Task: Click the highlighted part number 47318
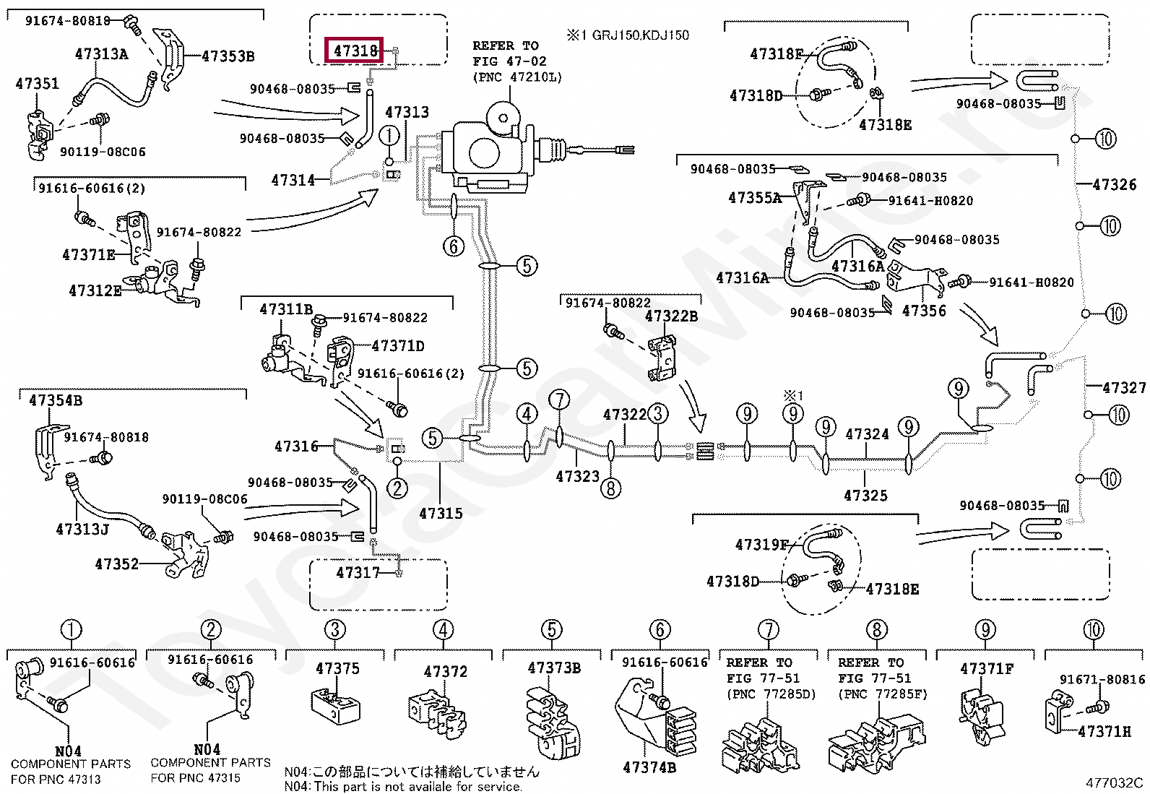point(355,51)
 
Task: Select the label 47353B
point(228,56)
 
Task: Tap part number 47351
point(37,83)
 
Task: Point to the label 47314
point(293,181)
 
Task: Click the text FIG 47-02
point(509,61)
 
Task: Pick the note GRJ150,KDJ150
point(640,35)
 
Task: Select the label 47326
point(1114,184)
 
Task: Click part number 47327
point(1124,387)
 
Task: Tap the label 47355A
point(755,198)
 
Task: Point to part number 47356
point(924,311)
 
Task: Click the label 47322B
point(671,316)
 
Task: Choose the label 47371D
point(398,346)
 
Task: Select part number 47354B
point(56,400)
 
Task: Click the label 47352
point(116,564)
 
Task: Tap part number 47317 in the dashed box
point(358,572)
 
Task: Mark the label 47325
point(865,496)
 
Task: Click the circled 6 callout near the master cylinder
point(454,246)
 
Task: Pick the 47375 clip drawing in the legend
point(335,706)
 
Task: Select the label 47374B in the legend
point(649,767)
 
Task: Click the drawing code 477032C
point(1114,782)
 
